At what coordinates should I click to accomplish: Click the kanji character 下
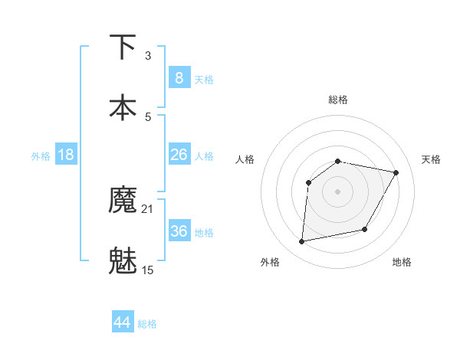123,47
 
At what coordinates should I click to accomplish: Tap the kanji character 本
123,107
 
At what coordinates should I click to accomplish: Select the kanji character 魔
123,200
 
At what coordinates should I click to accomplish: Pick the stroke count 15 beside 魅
148,270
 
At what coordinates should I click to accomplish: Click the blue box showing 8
179,77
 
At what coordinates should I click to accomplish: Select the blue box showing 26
179,155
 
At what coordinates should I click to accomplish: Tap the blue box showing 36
179,231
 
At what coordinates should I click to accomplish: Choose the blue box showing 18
65,155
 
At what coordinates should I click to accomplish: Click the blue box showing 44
123,322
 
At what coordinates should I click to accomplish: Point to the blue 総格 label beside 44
147,324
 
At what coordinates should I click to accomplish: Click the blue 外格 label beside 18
41,156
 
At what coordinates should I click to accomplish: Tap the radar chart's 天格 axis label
432,159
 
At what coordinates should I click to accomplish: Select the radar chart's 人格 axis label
245,159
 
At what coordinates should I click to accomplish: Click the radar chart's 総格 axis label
338,100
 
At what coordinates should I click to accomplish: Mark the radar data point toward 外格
302,242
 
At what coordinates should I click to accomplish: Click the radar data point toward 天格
396,172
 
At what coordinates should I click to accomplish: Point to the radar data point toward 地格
365,229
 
